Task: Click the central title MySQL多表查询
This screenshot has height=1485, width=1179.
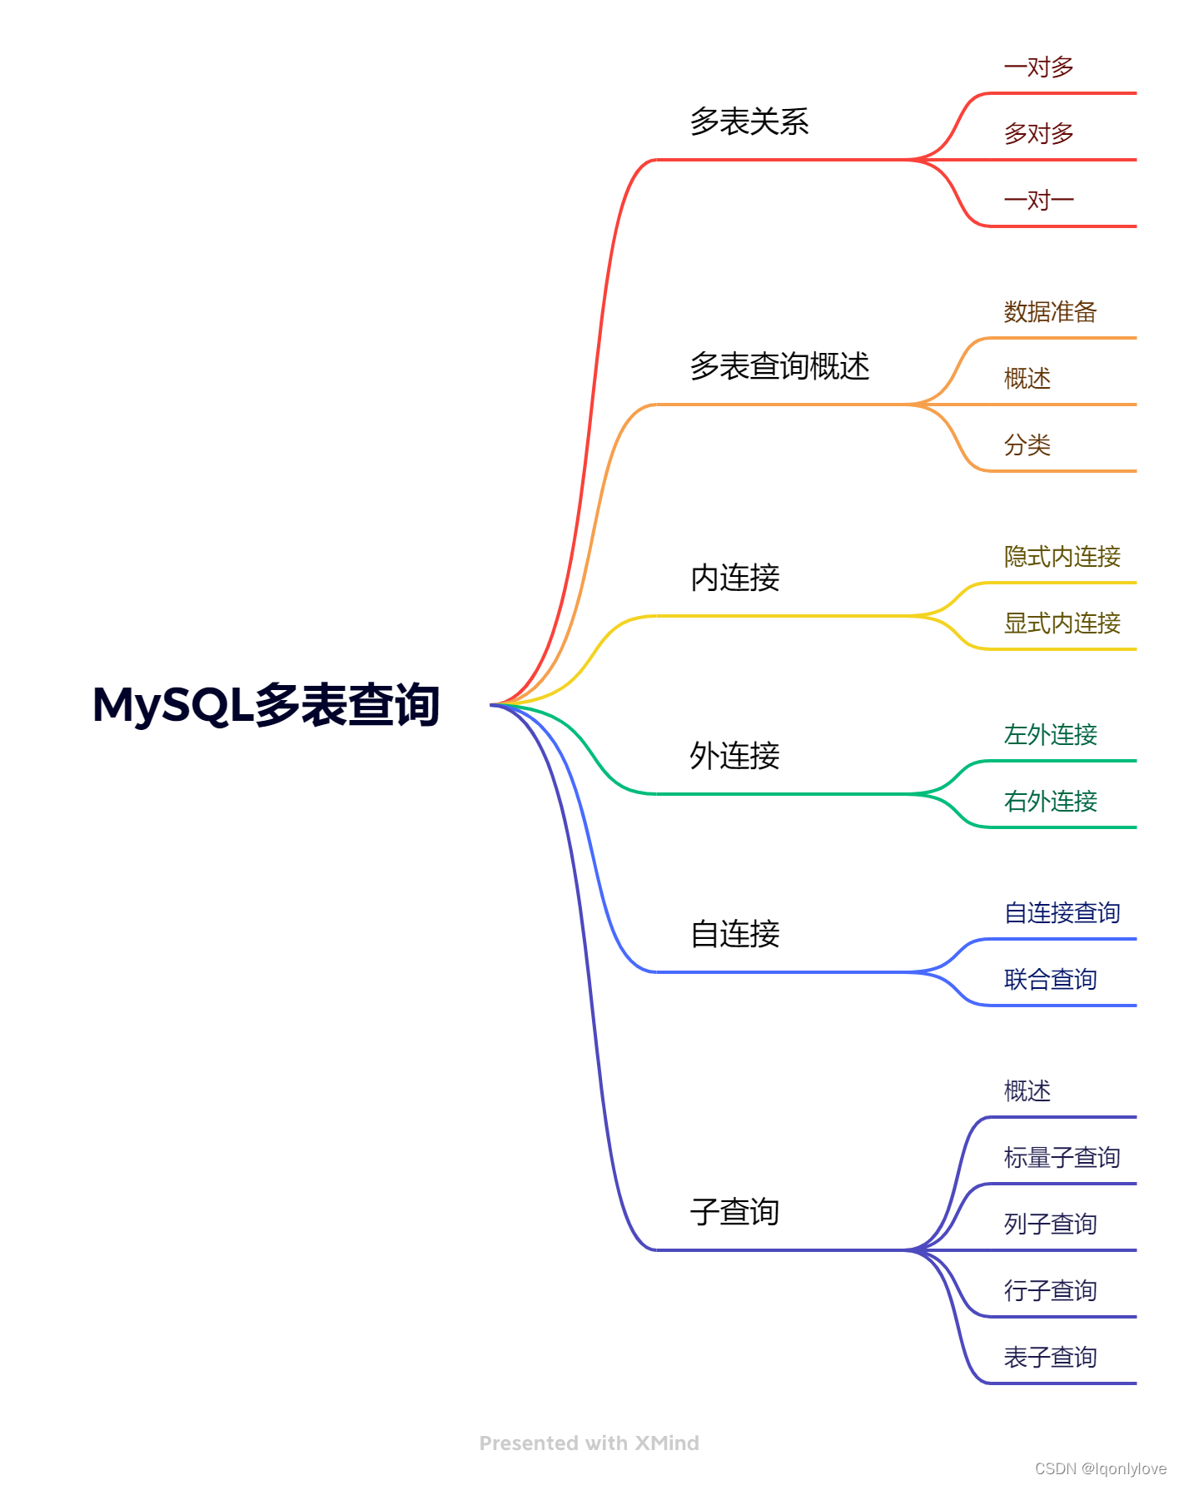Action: click(266, 705)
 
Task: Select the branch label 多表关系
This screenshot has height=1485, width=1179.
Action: click(749, 122)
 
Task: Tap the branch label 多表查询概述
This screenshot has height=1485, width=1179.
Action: click(779, 366)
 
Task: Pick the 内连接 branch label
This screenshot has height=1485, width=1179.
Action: click(734, 578)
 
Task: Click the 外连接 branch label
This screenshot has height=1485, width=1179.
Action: click(734, 756)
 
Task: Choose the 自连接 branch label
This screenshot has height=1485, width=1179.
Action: click(734, 934)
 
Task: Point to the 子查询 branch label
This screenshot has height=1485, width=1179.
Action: click(734, 1212)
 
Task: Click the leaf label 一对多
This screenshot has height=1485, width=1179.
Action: click(1038, 67)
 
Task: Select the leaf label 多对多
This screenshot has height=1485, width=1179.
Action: click(1038, 133)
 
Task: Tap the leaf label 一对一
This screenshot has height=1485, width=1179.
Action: click(1038, 200)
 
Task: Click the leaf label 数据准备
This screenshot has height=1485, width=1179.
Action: click(1050, 312)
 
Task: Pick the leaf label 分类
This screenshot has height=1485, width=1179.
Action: click(1027, 445)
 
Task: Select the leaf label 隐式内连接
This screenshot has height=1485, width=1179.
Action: click(1062, 557)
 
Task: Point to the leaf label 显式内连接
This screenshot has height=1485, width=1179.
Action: click(1062, 623)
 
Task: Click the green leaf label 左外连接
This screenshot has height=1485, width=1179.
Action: click(1050, 735)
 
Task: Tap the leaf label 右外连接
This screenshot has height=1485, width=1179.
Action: click(1050, 802)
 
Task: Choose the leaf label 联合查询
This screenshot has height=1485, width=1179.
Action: click(1050, 980)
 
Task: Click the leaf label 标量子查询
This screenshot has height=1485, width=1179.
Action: click(1062, 1158)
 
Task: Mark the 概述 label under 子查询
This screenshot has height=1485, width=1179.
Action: click(1027, 1091)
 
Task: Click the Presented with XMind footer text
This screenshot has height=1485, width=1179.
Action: click(589, 1443)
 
